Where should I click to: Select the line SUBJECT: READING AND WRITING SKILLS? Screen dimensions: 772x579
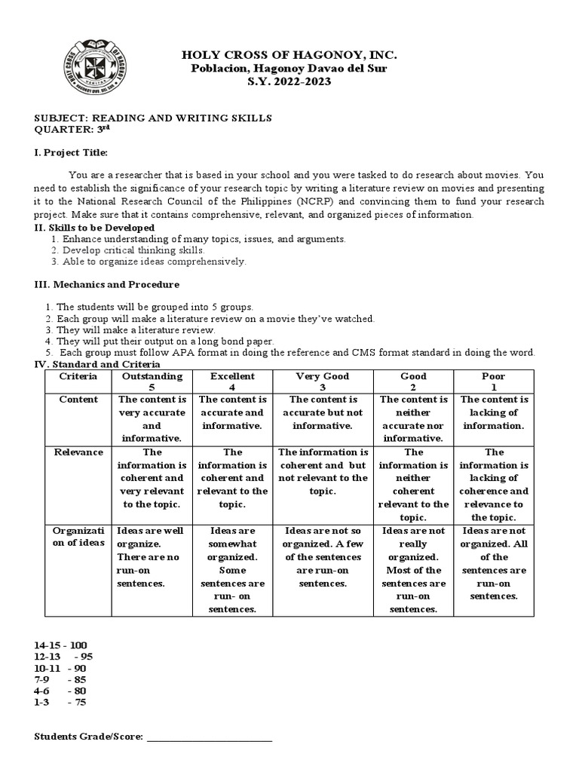[153, 118]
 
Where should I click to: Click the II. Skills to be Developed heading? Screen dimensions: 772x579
[94, 227]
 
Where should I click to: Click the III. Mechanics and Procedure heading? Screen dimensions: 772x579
[106, 284]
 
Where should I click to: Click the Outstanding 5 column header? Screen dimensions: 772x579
[152, 381]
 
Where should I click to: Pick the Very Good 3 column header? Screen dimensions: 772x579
[323, 381]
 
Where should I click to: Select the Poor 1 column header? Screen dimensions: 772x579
[494, 381]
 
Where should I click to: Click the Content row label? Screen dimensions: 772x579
[78, 400]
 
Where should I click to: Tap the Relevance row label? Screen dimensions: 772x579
[78, 452]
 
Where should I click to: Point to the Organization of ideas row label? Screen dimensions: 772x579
[78, 538]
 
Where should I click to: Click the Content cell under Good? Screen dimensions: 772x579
[414, 418]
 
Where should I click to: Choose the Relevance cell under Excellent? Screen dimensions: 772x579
[233, 478]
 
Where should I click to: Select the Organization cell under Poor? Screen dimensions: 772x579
[494, 563]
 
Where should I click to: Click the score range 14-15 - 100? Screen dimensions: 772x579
[61, 645]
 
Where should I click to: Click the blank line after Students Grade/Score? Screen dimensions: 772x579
[209, 737]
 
